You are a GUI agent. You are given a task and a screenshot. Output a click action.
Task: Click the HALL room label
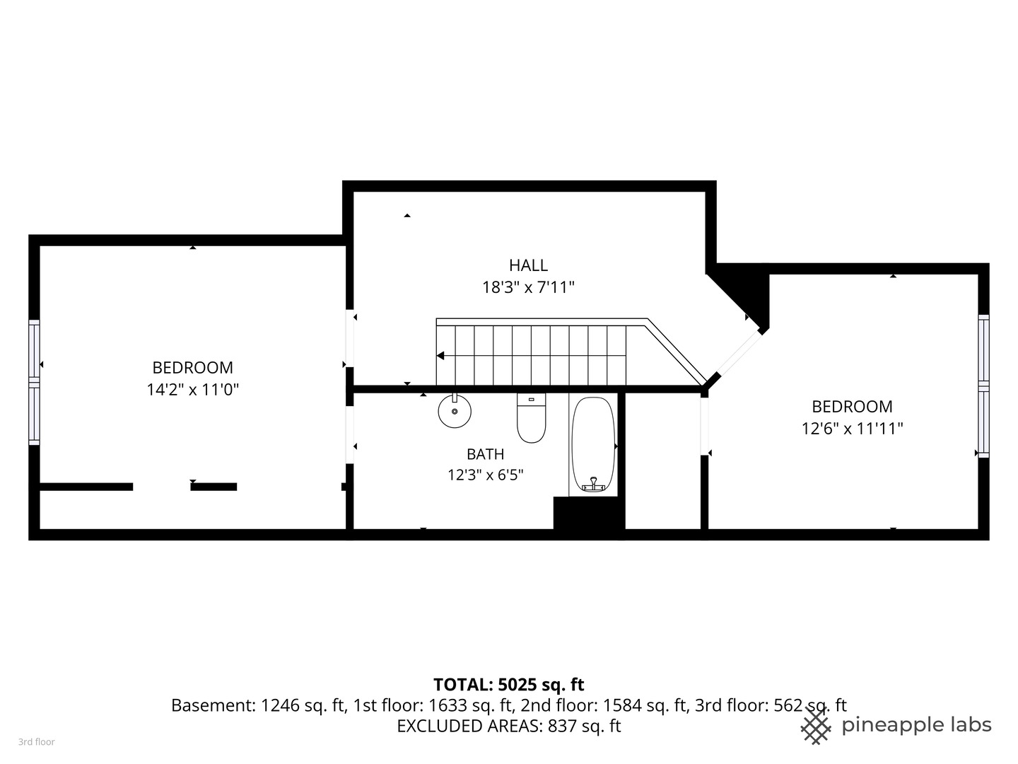tap(528, 265)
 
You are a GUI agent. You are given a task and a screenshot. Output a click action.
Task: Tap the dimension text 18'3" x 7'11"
tap(528, 287)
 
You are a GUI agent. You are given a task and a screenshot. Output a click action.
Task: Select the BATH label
tap(485, 454)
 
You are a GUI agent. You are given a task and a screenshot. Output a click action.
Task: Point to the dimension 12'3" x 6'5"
tap(485, 475)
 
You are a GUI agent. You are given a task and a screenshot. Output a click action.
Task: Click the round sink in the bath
tap(455, 411)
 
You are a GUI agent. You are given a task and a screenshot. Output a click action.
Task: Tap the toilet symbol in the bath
tap(531, 418)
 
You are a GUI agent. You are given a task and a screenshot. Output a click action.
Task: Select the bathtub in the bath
tap(593, 444)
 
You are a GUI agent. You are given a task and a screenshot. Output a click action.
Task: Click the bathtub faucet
tap(593, 485)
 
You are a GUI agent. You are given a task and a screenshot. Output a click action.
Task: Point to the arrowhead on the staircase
tap(440, 356)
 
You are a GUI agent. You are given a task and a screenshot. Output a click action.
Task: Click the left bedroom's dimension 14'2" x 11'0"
tap(192, 389)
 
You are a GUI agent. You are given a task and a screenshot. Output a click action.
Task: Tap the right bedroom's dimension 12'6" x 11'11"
tap(852, 428)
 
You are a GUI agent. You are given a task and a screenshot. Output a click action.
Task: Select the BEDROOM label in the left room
tap(192, 367)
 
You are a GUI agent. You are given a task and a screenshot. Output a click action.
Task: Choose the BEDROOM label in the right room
tap(852, 406)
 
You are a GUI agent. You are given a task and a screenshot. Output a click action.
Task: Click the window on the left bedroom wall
tap(34, 382)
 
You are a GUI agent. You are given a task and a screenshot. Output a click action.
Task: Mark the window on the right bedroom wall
tap(983, 386)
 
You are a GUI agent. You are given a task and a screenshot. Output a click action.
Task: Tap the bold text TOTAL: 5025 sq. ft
tap(508, 684)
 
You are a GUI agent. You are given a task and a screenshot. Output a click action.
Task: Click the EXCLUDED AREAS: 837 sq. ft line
tap(508, 726)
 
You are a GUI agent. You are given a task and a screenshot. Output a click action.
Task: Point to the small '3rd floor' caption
tap(36, 742)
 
